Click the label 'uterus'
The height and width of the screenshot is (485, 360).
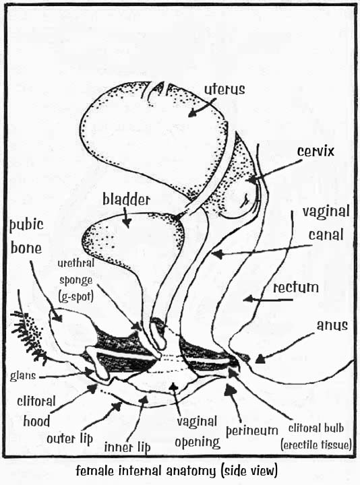tap(224, 90)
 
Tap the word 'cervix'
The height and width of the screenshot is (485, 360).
tap(316, 152)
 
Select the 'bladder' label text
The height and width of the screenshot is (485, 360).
tap(126, 199)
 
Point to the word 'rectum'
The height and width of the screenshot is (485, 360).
tap(295, 288)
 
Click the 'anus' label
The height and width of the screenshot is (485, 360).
tap(332, 325)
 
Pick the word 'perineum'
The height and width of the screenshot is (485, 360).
tap(252, 430)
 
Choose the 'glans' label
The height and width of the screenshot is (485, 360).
tap(23, 376)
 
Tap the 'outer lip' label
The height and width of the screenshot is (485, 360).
tap(70, 439)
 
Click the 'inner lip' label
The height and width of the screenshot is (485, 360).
tap(127, 447)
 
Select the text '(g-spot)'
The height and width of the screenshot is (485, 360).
tap(76, 296)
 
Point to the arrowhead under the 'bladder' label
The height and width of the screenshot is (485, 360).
tap(127, 222)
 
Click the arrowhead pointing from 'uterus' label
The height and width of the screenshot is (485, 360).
tap(193, 113)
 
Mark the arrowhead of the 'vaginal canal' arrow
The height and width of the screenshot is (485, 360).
tap(217, 254)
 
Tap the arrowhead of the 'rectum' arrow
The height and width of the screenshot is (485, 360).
tap(248, 299)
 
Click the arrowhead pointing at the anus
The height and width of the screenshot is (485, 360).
tap(260, 359)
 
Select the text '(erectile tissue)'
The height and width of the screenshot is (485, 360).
tap(316, 445)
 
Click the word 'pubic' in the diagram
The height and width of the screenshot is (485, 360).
tap(26, 225)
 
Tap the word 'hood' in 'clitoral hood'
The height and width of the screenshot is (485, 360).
tap(36, 421)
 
